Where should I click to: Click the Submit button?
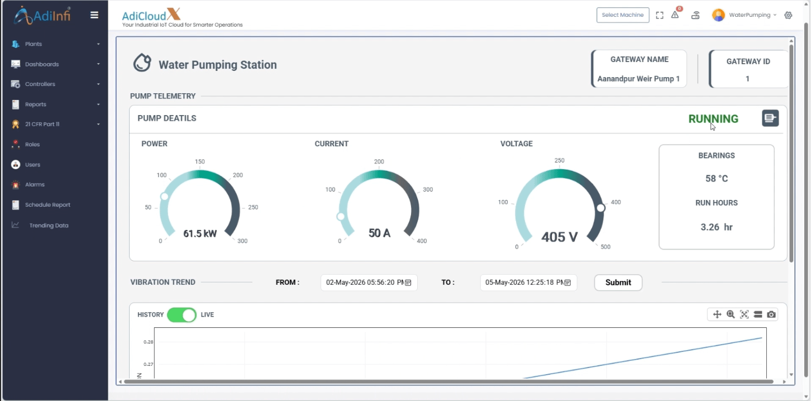[x=618, y=282]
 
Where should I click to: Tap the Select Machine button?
[x=623, y=15]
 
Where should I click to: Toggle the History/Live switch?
[x=182, y=314]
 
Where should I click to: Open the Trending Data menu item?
[x=49, y=225]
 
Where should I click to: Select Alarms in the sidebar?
[x=35, y=184]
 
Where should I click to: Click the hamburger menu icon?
[x=94, y=15]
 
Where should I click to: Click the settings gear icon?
[x=788, y=15]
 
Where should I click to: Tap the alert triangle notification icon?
[x=675, y=15]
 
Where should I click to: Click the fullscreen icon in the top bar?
[x=660, y=15]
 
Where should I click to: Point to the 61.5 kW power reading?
[x=200, y=233]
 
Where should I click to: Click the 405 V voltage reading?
[x=559, y=237]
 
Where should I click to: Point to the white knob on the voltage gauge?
[x=600, y=208]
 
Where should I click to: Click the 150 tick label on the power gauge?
[x=199, y=161]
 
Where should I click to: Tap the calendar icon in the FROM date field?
[x=408, y=283]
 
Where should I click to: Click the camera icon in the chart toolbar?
[x=771, y=314]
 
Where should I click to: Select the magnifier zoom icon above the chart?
[x=731, y=314]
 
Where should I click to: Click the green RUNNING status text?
[x=713, y=119]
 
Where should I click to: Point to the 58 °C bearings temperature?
[x=717, y=178]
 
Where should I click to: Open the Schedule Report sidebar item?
[x=47, y=204]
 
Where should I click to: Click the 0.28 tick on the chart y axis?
[x=148, y=342]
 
